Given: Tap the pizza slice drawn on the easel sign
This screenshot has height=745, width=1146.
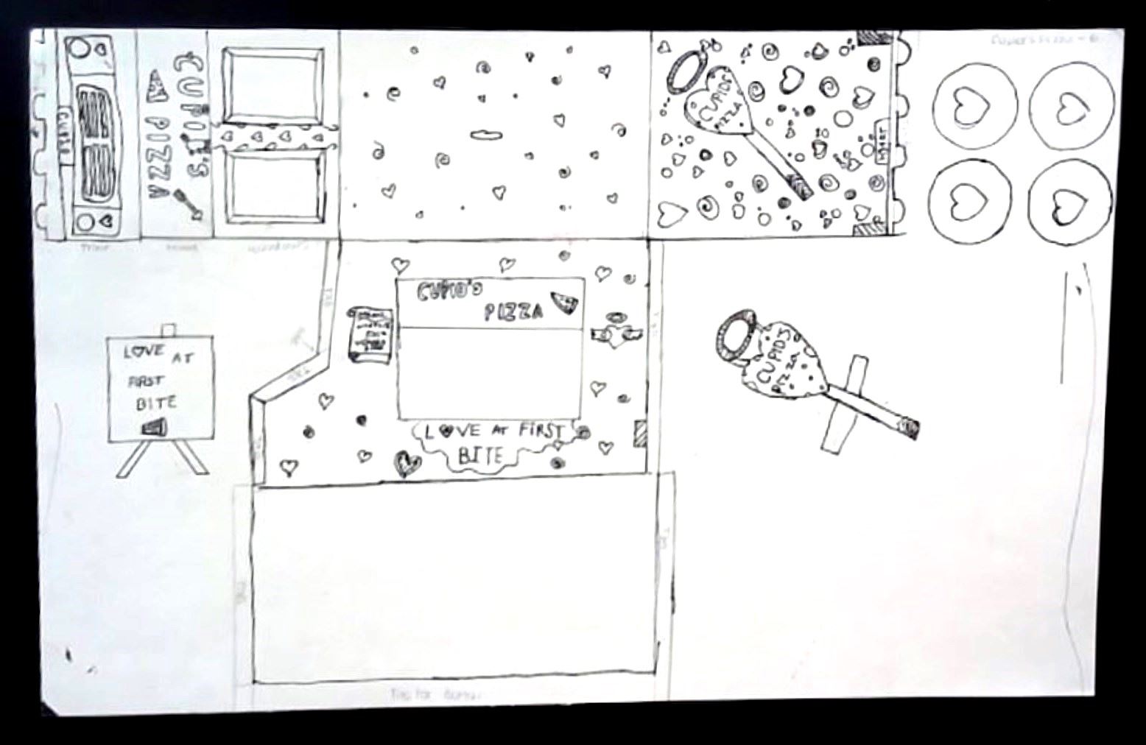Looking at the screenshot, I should tap(155, 428).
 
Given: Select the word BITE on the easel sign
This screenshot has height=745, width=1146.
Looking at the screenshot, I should tap(155, 403).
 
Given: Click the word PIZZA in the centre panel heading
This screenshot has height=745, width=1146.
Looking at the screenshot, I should tap(513, 312).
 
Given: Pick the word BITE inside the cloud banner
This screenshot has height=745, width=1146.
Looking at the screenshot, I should tap(479, 456).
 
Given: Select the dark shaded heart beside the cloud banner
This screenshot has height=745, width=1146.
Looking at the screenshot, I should tap(406, 463).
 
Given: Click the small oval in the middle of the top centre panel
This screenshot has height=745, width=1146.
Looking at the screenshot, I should tap(485, 135).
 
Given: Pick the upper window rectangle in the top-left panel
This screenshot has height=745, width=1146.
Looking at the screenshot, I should tap(273, 85).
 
